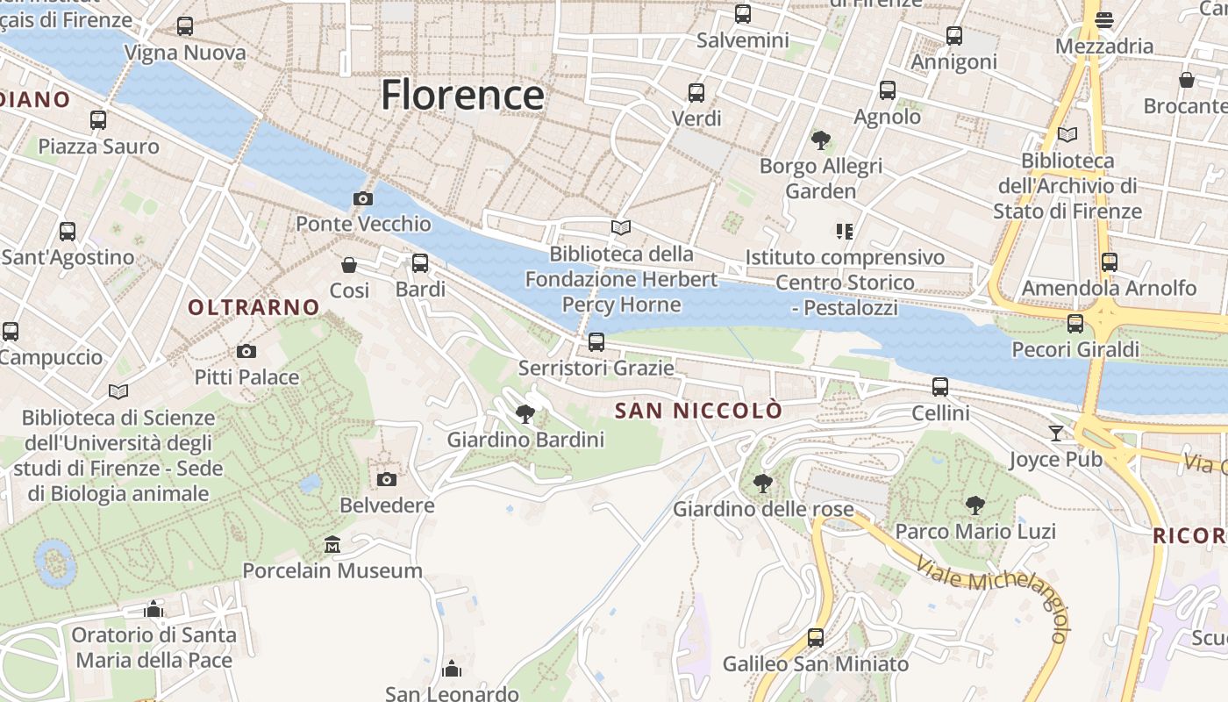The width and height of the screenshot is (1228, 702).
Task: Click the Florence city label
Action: pyautogui.click(x=462, y=95)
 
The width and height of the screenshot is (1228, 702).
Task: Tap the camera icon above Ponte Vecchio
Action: pyautogui.click(x=362, y=199)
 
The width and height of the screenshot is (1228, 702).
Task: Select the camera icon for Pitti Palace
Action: pyautogui.click(x=246, y=352)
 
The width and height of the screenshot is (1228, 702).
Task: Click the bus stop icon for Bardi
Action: pyautogui.click(x=420, y=263)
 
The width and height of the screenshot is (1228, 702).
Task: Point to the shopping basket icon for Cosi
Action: pyautogui.click(x=349, y=264)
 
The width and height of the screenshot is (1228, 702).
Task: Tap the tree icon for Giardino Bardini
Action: pyautogui.click(x=525, y=413)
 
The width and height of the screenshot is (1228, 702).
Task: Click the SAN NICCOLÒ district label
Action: pyautogui.click(x=698, y=411)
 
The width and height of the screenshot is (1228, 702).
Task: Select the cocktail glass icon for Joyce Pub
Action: pyautogui.click(x=1055, y=433)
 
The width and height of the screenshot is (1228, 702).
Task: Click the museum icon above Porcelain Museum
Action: pyautogui.click(x=332, y=546)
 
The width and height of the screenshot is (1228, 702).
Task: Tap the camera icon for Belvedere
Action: pyautogui.click(x=386, y=479)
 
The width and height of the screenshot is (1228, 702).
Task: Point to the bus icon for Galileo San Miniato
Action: pyautogui.click(x=816, y=638)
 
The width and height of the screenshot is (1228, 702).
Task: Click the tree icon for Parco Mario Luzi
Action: pyautogui.click(x=975, y=505)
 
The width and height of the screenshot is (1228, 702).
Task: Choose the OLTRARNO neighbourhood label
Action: pyautogui.click(x=253, y=307)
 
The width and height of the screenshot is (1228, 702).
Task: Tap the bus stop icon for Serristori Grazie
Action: pyautogui.click(x=596, y=342)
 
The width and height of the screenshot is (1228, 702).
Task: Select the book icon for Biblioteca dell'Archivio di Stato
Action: pyautogui.click(x=1067, y=135)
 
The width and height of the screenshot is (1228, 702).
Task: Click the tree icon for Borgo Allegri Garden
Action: pyautogui.click(x=821, y=140)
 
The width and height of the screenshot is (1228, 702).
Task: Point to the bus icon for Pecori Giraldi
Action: pyautogui.click(x=1075, y=324)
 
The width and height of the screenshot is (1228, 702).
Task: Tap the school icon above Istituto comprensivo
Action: pyautogui.click(x=845, y=232)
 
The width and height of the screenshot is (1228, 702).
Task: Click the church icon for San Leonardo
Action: pyautogui.click(x=452, y=670)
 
